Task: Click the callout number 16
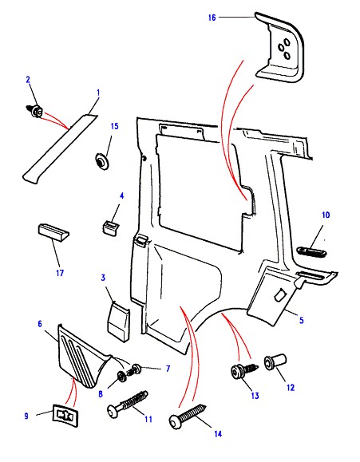pyautogui.click(x=212, y=18)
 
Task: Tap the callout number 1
pyautogui.click(x=98, y=93)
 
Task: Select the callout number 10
pyautogui.click(x=326, y=215)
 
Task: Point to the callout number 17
pyautogui.click(x=60, y=273)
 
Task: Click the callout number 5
pyautogui.click(x=301, y=320)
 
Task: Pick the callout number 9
pyautogui.click(x=26, y=416)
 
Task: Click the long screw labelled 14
pyautogui.click(x=188, y=415)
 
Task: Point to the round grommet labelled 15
pyautogui.click(x=102, y=161)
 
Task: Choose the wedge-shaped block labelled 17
pyautogui.click(x=53, y=232)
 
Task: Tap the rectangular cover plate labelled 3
pyautogui.click(x=118, y=322)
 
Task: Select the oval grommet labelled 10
pyautogui.click(x=311, y=252)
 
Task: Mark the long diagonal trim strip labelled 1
pyautogui.click(x=60, y=148)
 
